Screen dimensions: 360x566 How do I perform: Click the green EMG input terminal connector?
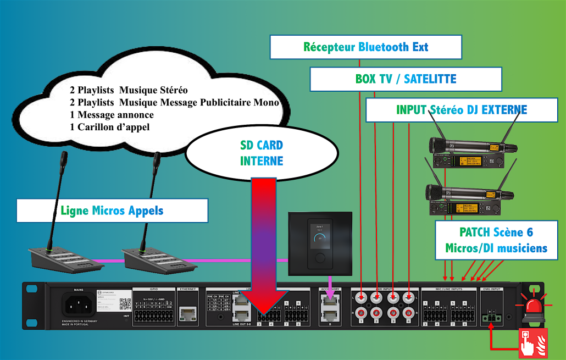click(491, 317)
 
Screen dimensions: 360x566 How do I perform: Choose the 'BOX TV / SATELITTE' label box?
click(406, 79)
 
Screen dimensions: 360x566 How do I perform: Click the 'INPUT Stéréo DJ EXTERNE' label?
click(461, 110)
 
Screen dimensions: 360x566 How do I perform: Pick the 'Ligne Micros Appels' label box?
click(112, 211)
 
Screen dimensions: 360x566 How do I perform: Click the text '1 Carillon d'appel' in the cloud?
click(109, 127)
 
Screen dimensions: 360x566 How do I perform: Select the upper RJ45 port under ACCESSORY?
click(329, 300)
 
